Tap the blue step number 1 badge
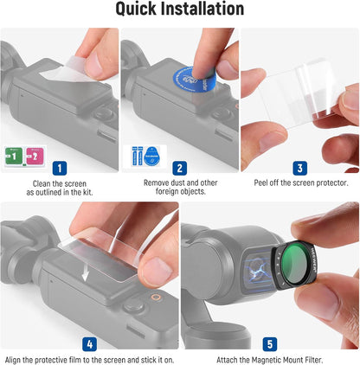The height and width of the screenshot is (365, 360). pos(58,169)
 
